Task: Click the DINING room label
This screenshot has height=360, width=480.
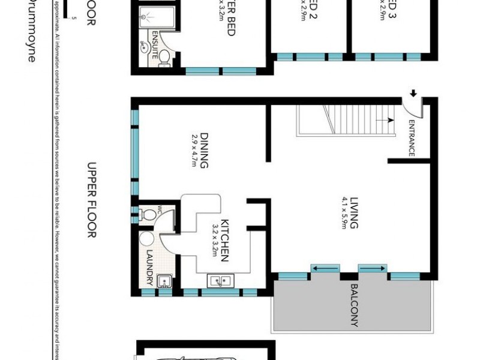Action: click(x=205, y=150)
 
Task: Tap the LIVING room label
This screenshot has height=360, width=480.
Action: click(x=354, y=215)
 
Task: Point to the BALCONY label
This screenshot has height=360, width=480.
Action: click(x=354, y=305)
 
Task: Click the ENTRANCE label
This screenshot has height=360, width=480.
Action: click(x=412, y=139)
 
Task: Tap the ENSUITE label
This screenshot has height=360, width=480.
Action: click(x=155, y=43)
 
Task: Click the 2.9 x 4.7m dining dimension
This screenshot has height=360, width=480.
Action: click(x=194, y=150)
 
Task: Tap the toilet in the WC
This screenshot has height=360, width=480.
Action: click(x=146, y=214)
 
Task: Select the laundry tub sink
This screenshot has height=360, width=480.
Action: click(x=164, y=280)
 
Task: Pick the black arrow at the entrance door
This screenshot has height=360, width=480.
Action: click(x=413, y=93)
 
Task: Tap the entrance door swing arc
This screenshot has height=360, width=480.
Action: click(x=414, y=108)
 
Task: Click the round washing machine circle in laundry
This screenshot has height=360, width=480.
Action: click(x=147, y=238)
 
